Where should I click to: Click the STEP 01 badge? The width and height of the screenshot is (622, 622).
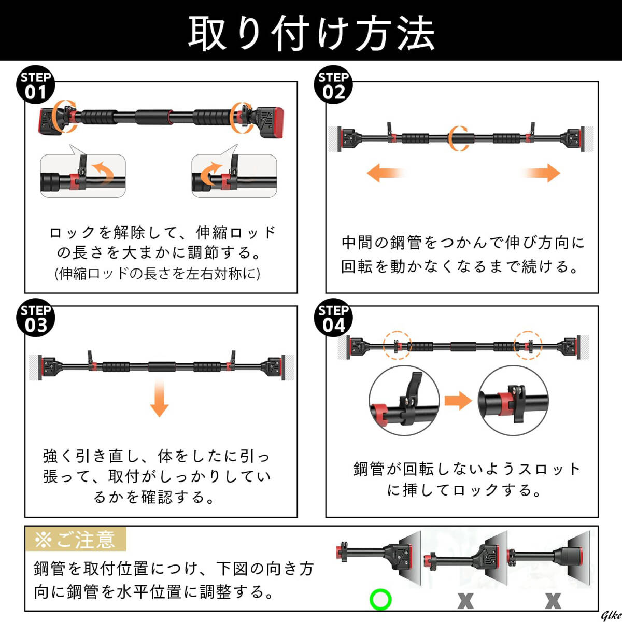click(x=36, y=84)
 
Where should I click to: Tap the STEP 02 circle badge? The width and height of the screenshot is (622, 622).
click(x=333, y=84)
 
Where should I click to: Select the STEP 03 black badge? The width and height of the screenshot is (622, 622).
click(x=36, y=318)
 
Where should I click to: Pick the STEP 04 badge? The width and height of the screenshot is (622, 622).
click(x=333, y=318)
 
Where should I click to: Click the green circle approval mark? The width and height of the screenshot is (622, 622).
click(x=380, y=599)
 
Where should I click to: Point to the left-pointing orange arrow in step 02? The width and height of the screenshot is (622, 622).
click(x=386, y=173)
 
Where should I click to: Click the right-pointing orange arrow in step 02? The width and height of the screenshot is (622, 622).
click(x=541, y=173)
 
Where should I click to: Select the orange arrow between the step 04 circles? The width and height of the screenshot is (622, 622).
click(x=458, y=401)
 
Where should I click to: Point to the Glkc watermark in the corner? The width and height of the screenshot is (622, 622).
click(x=612, y=616)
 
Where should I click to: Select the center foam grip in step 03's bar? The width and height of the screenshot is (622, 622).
click(x=162, y=367)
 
